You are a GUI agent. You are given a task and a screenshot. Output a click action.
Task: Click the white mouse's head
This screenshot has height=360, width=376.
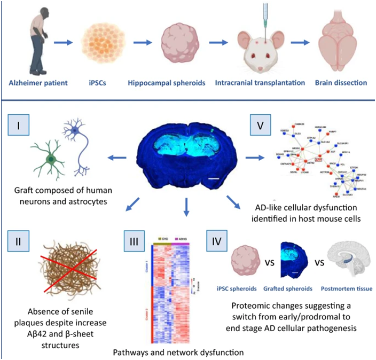tap(260, 50)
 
